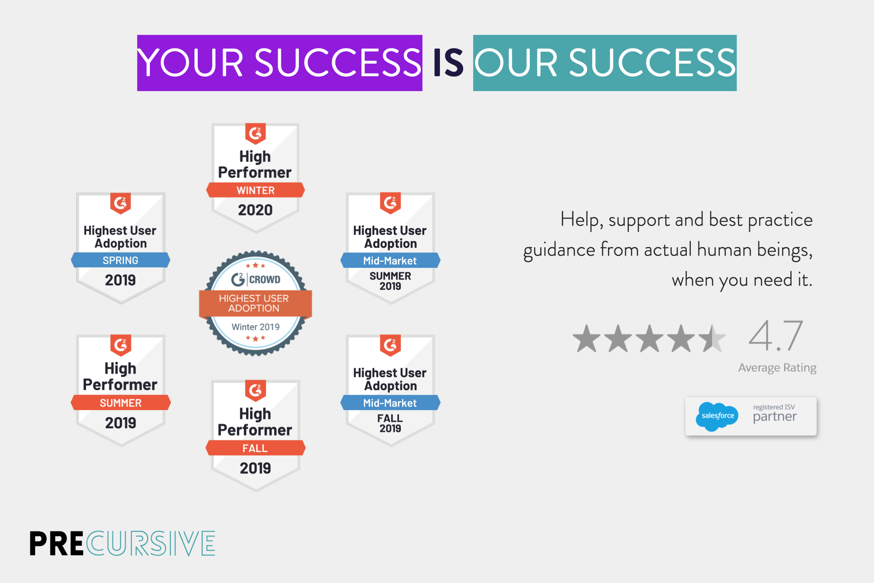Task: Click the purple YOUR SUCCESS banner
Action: (280, 63)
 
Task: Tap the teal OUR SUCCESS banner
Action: (605, 63)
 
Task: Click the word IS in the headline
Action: (448, 63)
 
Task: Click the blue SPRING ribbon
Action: (120, 260)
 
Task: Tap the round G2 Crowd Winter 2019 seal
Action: (255, 303)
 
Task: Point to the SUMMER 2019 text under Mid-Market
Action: (390, 281)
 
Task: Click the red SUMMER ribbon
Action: (120, 403)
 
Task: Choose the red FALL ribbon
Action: (255, 448)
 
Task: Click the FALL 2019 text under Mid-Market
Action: (390, 423)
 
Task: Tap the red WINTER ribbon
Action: (255, 190)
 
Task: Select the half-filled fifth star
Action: (712, 338)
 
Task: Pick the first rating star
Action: (587, 338)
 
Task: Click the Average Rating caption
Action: (777, 368)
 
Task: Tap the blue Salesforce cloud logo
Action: (717, 416)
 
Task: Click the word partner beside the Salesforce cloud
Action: (775, 416)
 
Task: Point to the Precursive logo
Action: (122, 543)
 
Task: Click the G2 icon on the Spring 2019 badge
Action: (120, 203)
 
